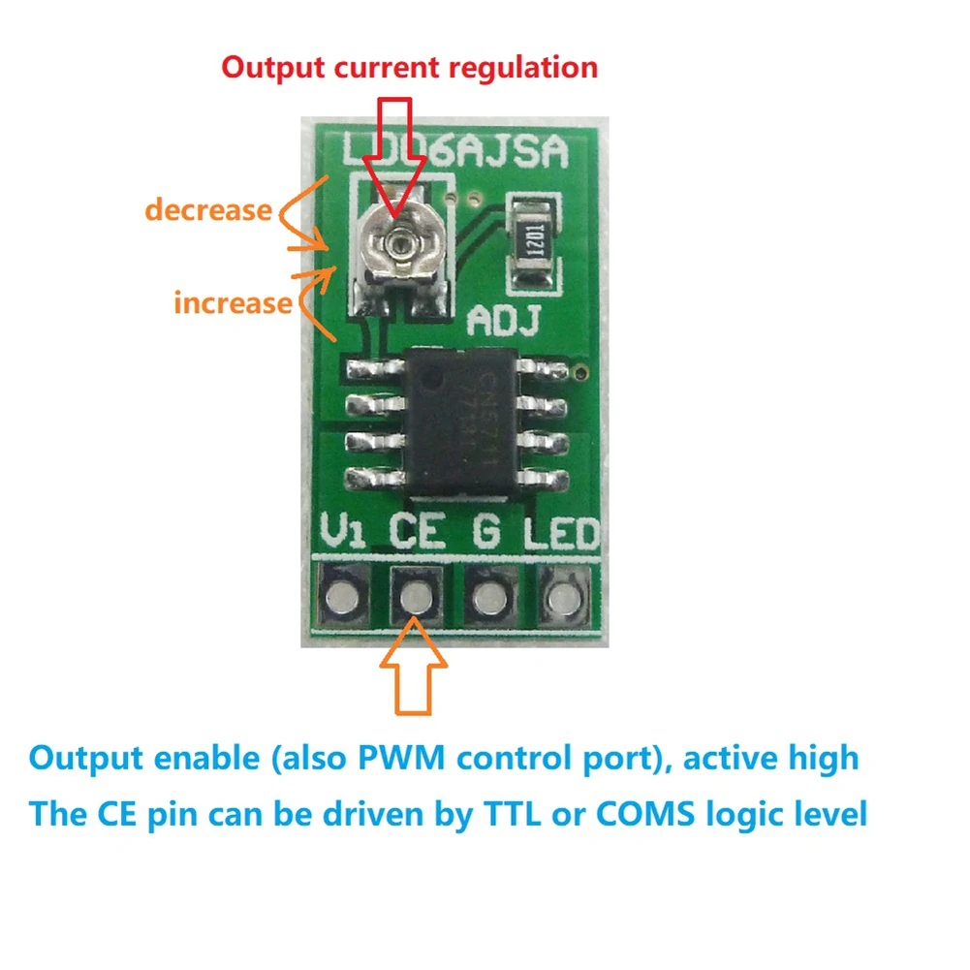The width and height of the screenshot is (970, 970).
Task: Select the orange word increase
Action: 233,302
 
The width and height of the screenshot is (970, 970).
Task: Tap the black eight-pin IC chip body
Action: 454,418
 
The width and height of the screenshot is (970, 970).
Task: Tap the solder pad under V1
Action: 342,596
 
